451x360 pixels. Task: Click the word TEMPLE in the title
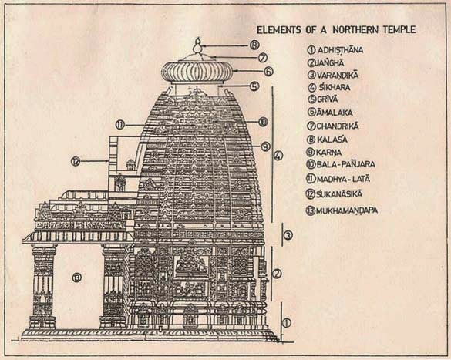(399, 29)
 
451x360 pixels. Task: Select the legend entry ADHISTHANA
(335, 50)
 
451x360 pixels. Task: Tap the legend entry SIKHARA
(330, 87)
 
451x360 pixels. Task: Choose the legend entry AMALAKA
(330, 112)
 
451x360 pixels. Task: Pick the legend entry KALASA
(328, 140)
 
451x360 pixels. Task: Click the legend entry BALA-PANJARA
(341, 164)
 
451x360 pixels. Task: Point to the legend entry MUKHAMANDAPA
(342, 210)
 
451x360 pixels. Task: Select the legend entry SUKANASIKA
(335, 194)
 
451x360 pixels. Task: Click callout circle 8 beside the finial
(254, 45)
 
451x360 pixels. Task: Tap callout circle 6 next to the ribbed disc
(268, 72)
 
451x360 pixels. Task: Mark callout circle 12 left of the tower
(76, 162)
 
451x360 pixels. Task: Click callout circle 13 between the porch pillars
(77, 278)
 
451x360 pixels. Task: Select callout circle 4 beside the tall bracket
(278, 156)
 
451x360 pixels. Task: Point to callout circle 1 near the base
(286, 323)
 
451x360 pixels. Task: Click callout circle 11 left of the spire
(120, 125)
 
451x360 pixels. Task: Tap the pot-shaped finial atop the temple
(197, 46)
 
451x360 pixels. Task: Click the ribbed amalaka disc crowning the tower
(197, 72)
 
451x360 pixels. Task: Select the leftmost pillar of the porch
(43, 287)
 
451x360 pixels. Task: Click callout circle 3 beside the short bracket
(288, 235)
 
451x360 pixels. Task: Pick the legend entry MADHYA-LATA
(338, 179)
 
